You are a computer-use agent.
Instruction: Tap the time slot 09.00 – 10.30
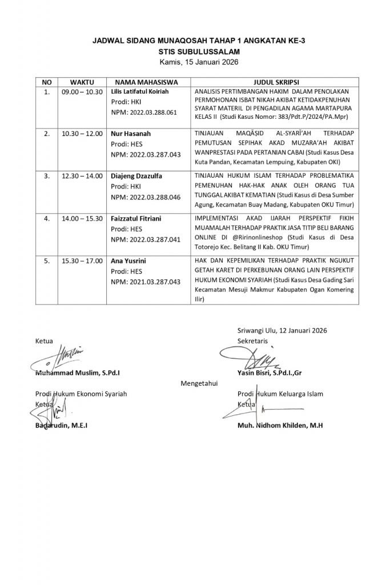coord(82,91)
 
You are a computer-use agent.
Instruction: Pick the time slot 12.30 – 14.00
coord(82,177)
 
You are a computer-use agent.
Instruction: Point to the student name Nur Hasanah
coord(129,134)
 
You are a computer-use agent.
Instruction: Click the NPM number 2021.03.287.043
coord(145,282)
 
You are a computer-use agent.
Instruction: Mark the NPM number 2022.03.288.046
coord(145,197)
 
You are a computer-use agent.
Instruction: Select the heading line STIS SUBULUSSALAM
coord(191,51)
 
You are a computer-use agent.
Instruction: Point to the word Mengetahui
coord(199,383)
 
